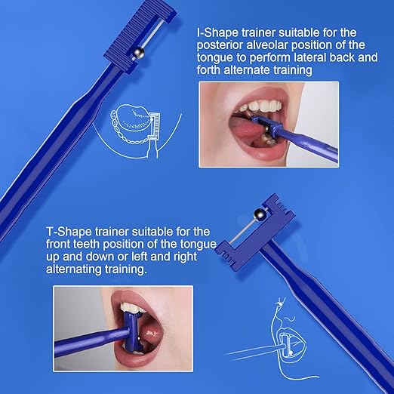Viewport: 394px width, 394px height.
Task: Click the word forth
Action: [x=213, y=70]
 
